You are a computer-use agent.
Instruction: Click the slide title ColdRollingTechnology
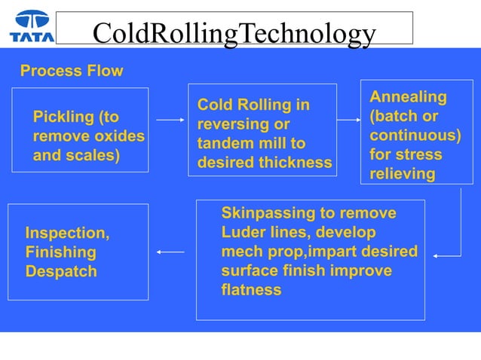[234, 33]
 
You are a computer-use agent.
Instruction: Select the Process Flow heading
[71, 72]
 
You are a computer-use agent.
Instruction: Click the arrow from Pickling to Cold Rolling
[170, 120]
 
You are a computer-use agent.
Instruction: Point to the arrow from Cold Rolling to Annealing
[348, 120]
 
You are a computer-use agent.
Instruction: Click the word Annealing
[408, 97]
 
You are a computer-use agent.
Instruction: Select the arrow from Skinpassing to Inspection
[170, 252]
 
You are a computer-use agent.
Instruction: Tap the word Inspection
[67, 233]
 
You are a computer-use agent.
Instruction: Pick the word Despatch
[61, 271]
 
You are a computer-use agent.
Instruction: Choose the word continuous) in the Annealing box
[414, 136]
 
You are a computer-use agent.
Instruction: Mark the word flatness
[251, 290]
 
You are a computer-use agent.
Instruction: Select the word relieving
[402, 174]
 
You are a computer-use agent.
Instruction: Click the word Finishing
[60, 252]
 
